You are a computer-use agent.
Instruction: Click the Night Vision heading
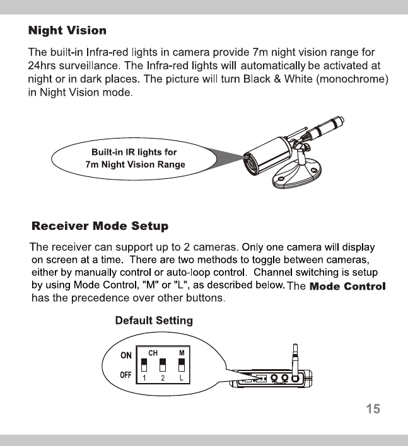click(67, 30)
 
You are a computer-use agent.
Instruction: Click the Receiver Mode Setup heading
click(100, 226)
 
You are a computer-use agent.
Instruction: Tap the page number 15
click(373, 409)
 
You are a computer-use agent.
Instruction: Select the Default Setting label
click(154, 321)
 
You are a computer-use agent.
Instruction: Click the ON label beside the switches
click(126, 355)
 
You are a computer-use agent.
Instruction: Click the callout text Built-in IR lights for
click(134, 152)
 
